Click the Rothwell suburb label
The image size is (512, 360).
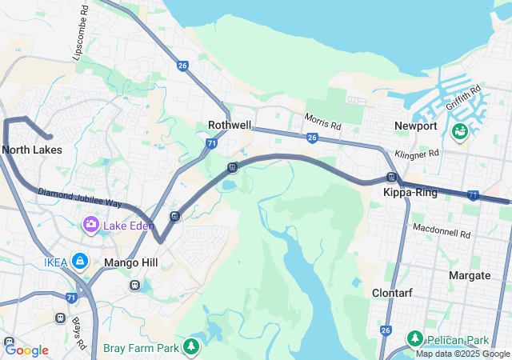[x=230, y=125]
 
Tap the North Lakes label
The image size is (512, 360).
[x=32, y=150]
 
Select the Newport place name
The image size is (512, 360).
[x=416, y=126]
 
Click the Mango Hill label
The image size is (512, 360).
[x=131, y=262]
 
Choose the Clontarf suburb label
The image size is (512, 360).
[x=393, y=293]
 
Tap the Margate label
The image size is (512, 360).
[x=470, y=275]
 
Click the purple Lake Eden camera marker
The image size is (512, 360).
[x=90, y=226]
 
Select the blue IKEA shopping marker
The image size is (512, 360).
[x=80, y=261]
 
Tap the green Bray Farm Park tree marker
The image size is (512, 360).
[x=190, y=347]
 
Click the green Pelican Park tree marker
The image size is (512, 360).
[x=414, y=338]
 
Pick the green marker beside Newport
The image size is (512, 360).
[x=460, y=130]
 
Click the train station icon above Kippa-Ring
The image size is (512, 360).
[x=391, y=177]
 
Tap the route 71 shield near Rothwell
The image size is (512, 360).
[x=211, y=143]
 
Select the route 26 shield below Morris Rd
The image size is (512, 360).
[x=312, y=138]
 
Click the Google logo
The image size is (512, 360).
[x=27, y=350]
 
